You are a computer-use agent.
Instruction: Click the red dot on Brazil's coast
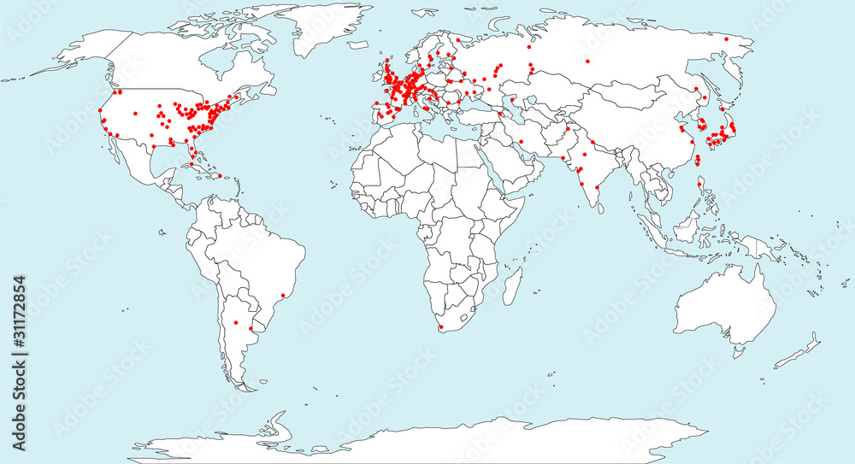click(x=284, y=296)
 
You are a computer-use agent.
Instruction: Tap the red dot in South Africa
click(x=439, y=326)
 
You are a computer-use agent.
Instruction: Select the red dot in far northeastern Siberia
click(x=726, y=38)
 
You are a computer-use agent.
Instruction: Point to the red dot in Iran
click(x=520, y=141)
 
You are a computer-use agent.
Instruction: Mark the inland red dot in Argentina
click(x=235, y=322)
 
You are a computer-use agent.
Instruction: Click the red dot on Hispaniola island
click(x=220, y=176)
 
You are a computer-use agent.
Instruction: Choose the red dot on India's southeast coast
click(x=596, y=186)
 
